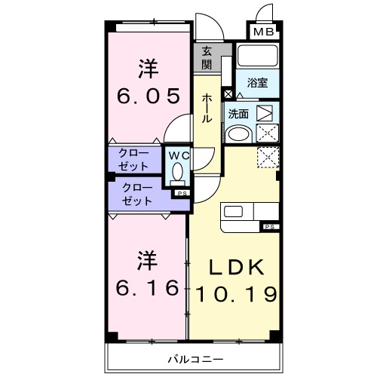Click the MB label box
point(262,32)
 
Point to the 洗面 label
point(238,114)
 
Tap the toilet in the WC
point(177,174)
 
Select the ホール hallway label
point(206,109)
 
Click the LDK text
point(236,268)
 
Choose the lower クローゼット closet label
point(136,195)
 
